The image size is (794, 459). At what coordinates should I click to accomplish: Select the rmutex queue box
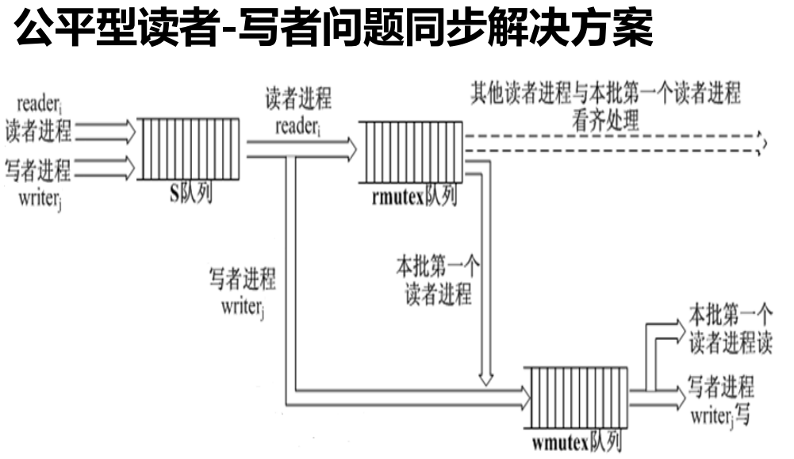(x=410, y=152)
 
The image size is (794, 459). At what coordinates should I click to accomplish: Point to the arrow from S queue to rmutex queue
(x=301, y=148)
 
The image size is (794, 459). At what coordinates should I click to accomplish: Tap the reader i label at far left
(x=40, y=103)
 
